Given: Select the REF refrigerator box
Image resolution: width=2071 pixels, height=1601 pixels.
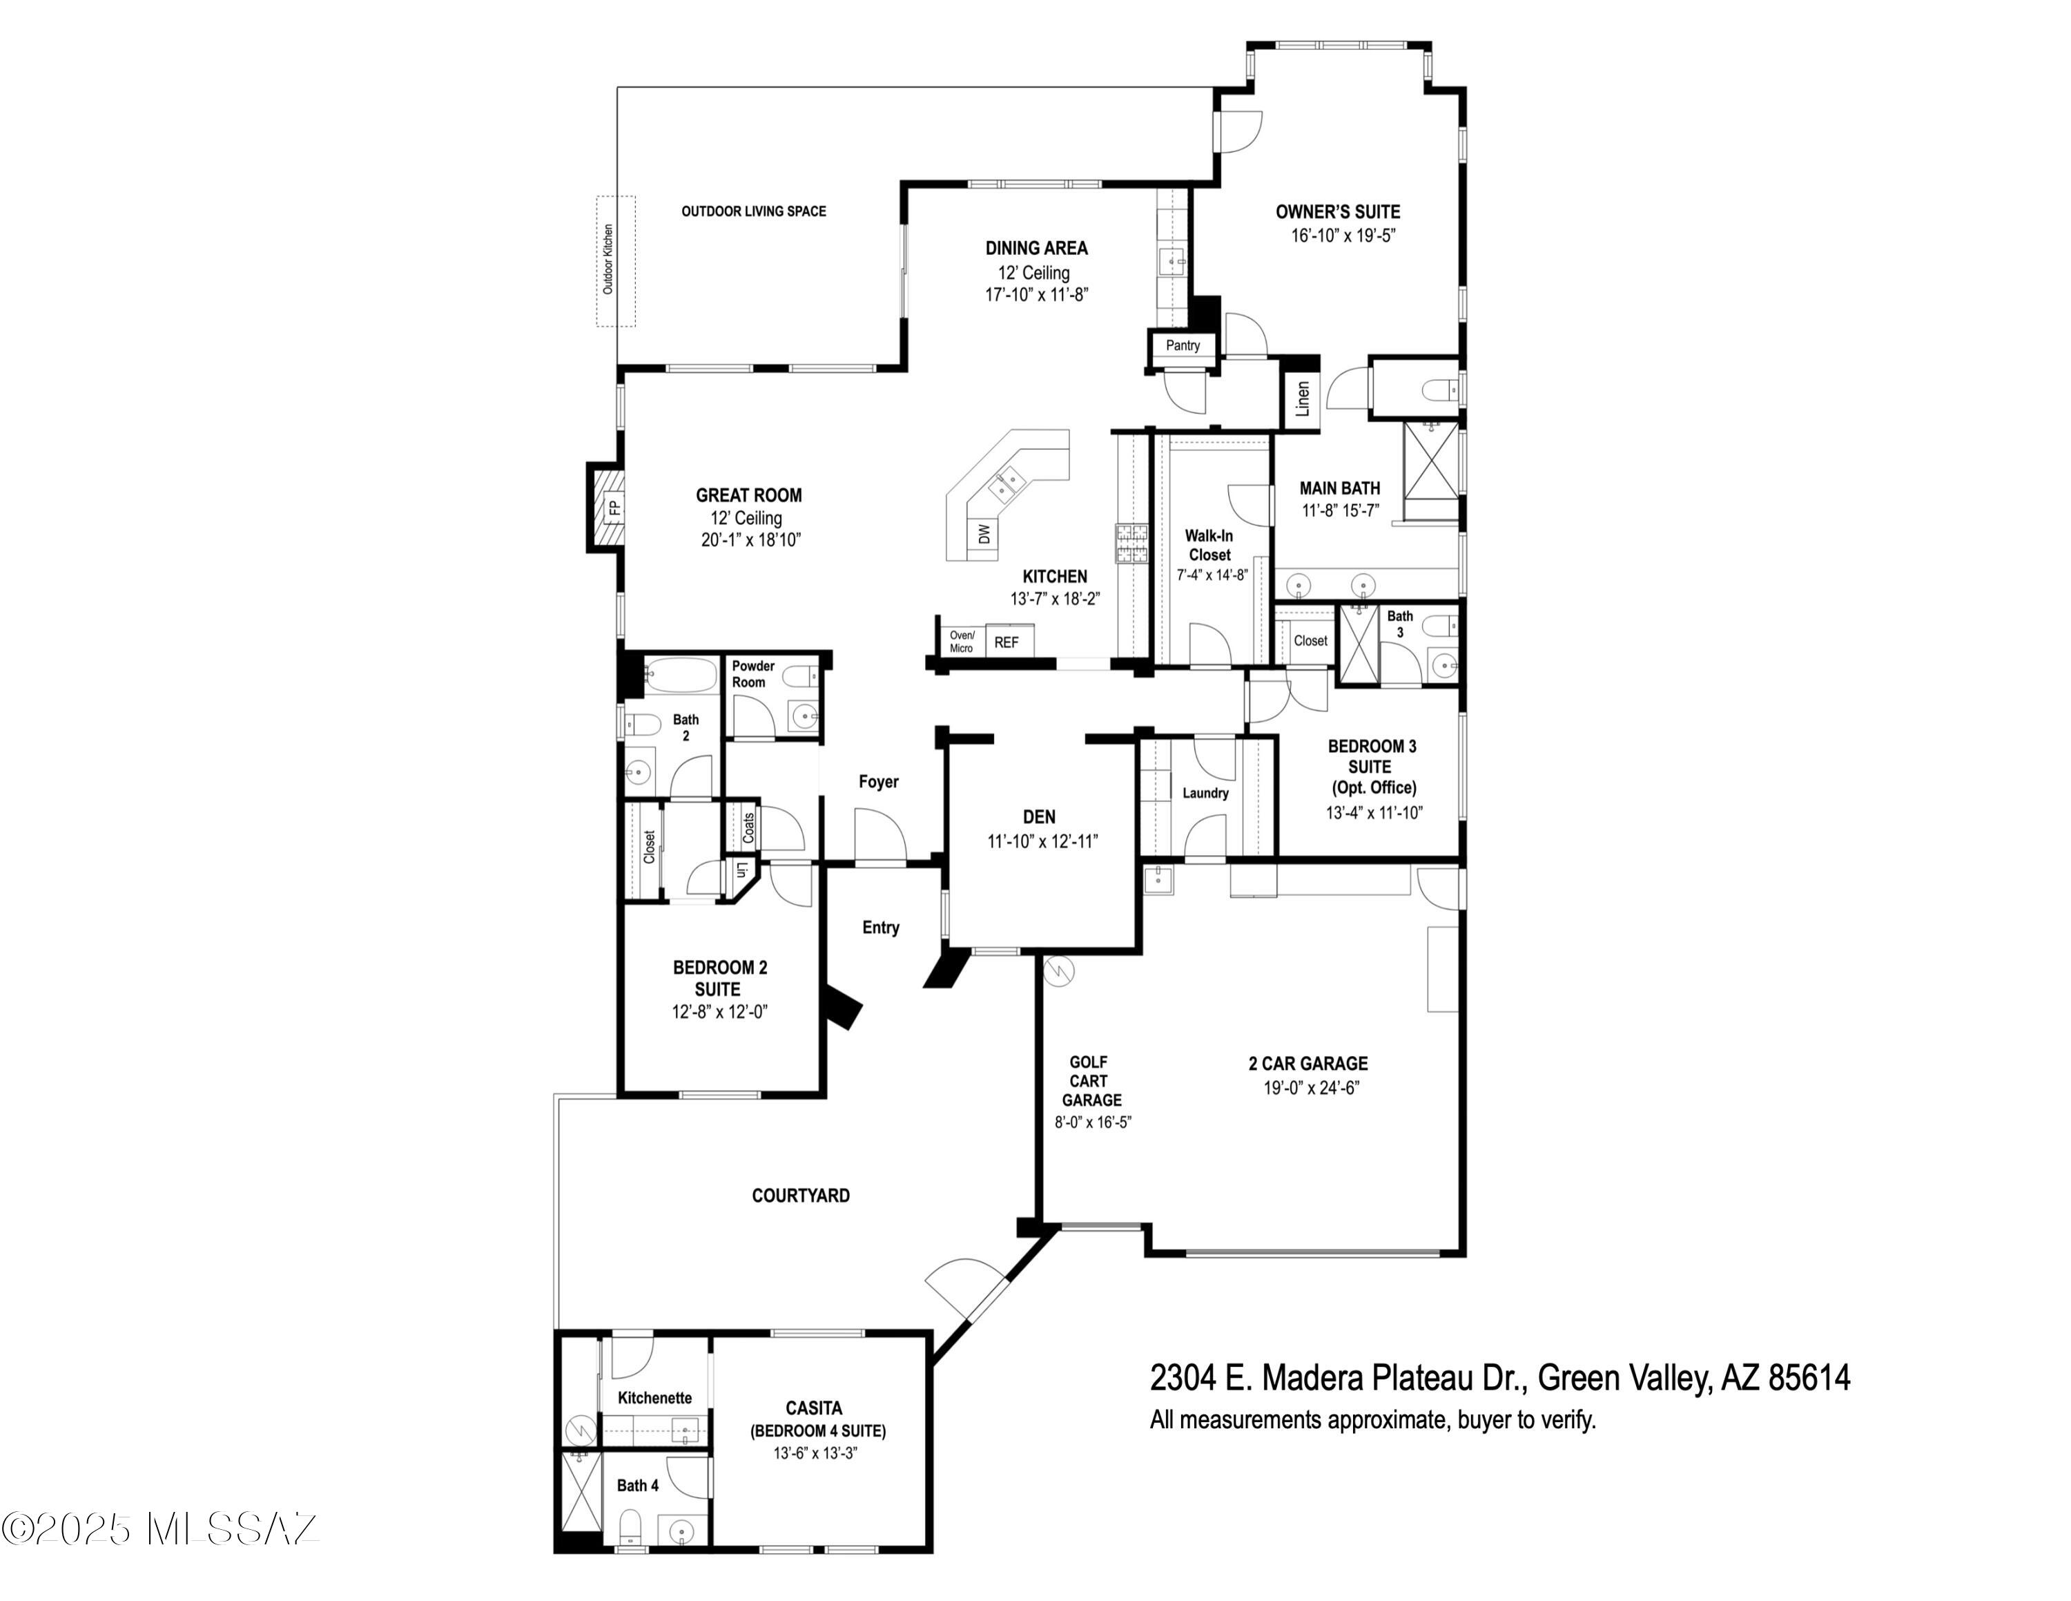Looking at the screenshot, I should click(x=1008, y=642).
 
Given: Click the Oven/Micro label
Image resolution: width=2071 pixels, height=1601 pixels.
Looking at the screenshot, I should click(x=962, y=642).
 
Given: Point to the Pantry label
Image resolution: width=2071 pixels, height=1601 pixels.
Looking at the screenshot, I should click(x=1183, y=345).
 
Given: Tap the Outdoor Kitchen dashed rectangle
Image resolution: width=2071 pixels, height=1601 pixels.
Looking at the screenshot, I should click(x=615, y=261).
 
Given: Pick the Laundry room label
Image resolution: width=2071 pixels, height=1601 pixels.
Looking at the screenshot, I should click(x=1205, y=793).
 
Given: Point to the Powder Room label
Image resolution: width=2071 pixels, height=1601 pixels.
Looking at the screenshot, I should click(x=753, y=674).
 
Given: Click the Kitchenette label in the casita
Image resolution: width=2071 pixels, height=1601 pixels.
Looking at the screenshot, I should click(x=654, y=1398).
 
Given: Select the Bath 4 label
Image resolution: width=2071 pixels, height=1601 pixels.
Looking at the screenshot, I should click(x=637, y=1485).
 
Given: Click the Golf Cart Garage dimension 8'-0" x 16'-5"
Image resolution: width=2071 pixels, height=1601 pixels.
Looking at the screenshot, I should click(x=1092, y=1122).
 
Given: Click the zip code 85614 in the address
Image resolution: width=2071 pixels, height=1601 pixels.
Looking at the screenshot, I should click(x=1809, y=1377).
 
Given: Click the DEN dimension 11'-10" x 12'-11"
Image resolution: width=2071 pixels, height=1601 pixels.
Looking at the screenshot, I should click(x=1042, y=841).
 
